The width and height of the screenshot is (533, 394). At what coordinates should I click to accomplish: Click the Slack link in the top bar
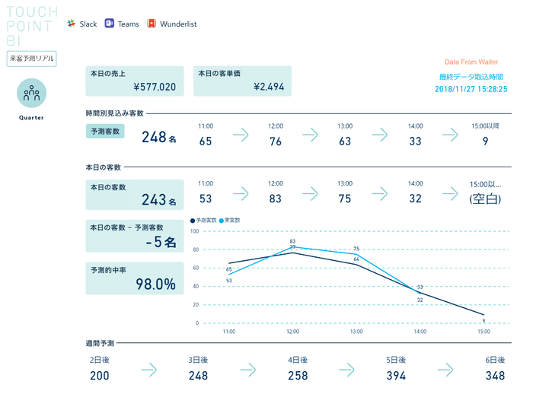point(81,24)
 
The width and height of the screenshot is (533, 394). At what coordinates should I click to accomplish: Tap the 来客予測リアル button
point(31,59)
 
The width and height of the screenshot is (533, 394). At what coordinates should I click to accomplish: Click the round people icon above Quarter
point(31,94)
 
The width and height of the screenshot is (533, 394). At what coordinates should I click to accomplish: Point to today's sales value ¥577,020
point(155,87)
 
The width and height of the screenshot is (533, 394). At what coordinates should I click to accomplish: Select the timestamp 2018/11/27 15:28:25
point(471,89)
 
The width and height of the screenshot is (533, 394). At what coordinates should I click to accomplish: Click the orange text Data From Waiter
point(472,62)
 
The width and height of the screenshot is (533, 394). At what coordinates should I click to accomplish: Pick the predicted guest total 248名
point(158,138)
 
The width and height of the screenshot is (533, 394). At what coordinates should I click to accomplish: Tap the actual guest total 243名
point(158,201)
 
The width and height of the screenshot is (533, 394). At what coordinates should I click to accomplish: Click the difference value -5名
point(160,243)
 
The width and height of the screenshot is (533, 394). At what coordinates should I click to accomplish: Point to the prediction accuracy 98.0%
point(155,284)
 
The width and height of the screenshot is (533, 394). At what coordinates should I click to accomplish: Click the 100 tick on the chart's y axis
point(194,231)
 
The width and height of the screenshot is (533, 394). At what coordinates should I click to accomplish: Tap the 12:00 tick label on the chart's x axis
point(292,332)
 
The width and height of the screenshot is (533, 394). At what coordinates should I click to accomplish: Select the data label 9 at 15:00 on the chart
point(484,320)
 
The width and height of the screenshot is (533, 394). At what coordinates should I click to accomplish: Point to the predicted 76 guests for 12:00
point(276,141)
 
